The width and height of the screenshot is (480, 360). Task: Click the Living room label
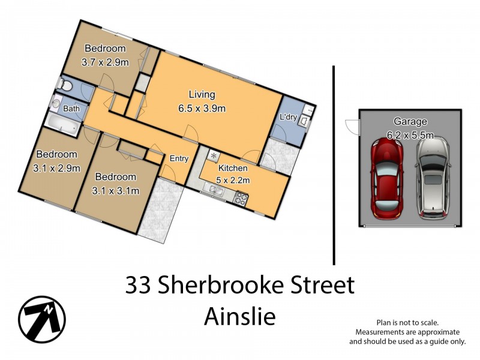click(202, 95)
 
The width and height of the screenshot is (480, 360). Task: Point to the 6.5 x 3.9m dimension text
click(203, 109)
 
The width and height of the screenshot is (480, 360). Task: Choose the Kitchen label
click(232, 168)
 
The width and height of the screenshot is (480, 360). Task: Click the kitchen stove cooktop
click(242, 199)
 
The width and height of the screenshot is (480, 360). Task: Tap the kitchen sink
click(215, 191)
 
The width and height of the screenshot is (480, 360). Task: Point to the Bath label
click(71, 109)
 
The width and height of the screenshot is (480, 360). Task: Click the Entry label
click(179, 159)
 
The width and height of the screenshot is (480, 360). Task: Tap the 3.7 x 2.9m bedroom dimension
click(105, 61)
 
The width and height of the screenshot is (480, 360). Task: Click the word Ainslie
click(239, 316)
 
